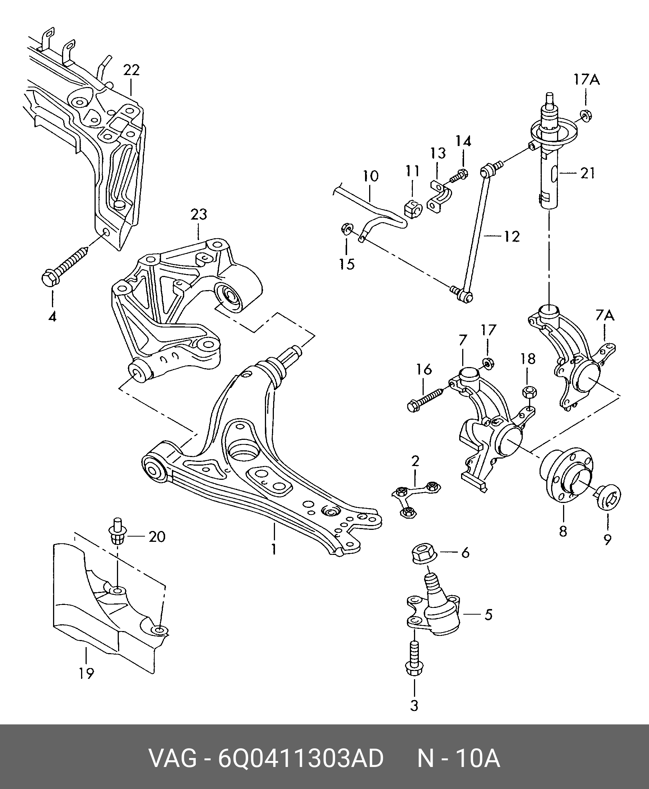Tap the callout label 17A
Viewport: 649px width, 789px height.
point(587,80)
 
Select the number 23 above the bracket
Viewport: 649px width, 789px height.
point(198,214)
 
